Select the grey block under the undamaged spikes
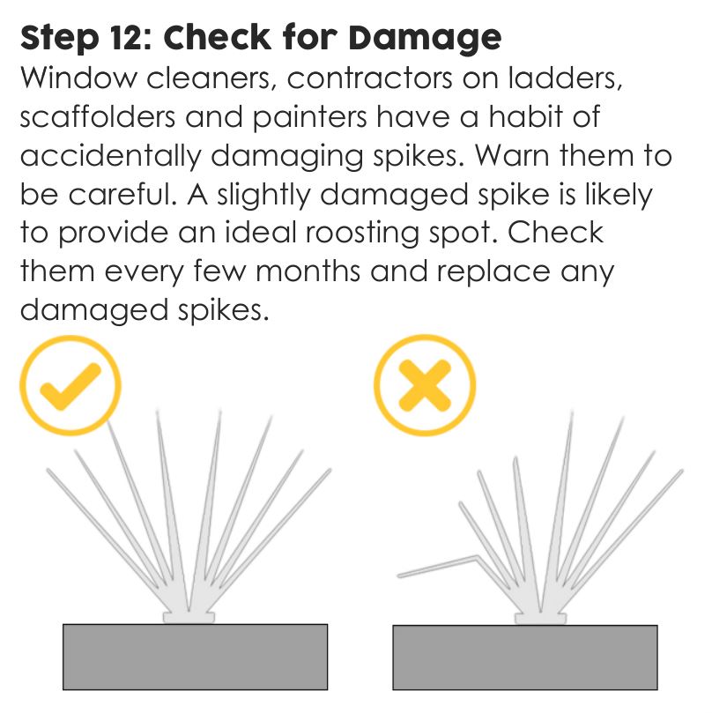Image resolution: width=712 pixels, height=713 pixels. point(195,656)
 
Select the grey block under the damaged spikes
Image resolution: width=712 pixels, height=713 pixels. point(524,657)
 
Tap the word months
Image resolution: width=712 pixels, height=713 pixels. point(298,271)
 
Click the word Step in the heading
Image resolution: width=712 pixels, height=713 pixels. point(55,38)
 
